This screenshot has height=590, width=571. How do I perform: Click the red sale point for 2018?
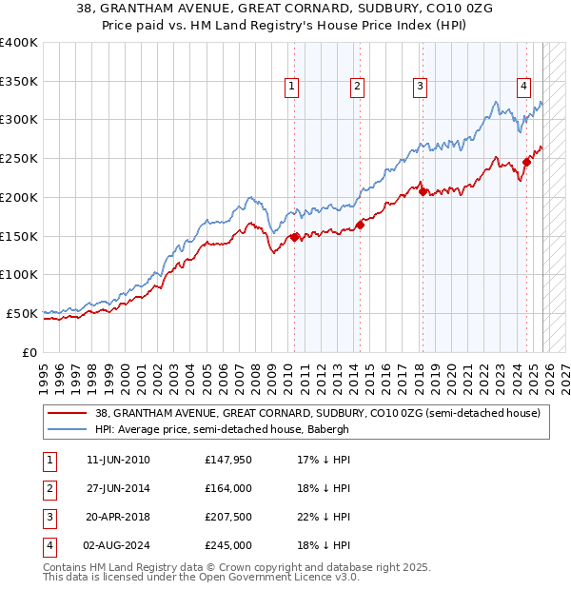[x=423, y=191]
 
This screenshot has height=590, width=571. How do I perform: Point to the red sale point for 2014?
[x=361, y=225]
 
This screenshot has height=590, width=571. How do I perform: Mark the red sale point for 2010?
[x=294, y=237]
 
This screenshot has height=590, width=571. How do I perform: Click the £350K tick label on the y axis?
[x=19, y=82]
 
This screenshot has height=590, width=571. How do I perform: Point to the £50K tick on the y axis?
[x=22, y=313]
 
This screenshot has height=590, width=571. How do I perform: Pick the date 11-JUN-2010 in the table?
[x=118, y=460]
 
